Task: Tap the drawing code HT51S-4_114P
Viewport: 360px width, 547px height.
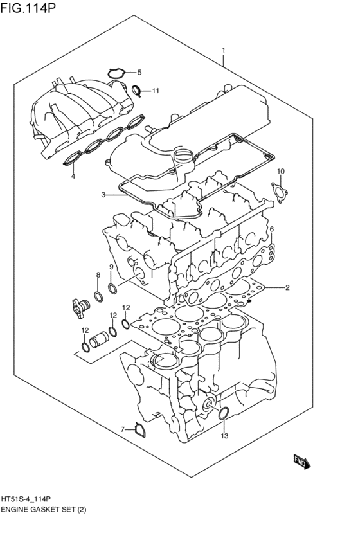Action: pos(31,499)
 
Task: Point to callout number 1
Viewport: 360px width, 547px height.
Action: pos(224,50)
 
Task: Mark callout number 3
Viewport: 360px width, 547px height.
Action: pos(102,194)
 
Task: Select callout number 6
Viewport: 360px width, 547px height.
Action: pos(272,229)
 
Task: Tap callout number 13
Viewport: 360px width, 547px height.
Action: pos(224,436)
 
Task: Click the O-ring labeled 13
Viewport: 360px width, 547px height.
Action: pos(224,414)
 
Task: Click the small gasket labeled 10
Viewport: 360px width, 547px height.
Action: pos(279,191)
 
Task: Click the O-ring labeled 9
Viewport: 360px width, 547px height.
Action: pos(112,287)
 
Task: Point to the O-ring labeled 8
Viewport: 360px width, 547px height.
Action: pos(98,296)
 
